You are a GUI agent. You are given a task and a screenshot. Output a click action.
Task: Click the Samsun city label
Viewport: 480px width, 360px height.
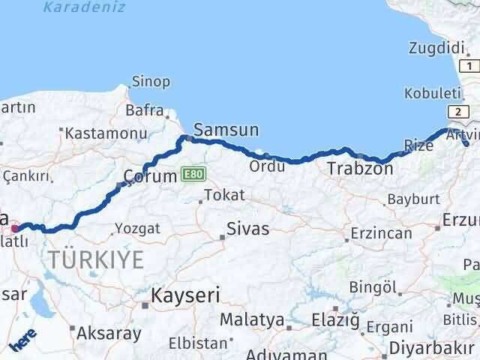pyautogui.click(x=226, y=130)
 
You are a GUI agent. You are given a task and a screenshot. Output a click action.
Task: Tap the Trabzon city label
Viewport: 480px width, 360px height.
pyautogui.click(x=360, y=169)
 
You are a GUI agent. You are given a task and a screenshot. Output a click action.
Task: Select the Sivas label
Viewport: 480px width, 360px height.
pyautogui.click(x=249, y=229)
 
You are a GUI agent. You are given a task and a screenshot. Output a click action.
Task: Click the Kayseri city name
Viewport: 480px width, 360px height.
pyautogui.click(x=185, y=295)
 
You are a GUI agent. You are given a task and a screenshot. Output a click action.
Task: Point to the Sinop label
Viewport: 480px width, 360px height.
pyautogui.click(x=151, y=82)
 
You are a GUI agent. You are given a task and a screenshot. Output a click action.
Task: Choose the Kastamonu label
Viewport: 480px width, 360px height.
pyautogui.click(x=105, y=133)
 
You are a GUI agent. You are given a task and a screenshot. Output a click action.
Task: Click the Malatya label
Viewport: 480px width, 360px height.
pyautogui.click(x=258, y=320)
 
